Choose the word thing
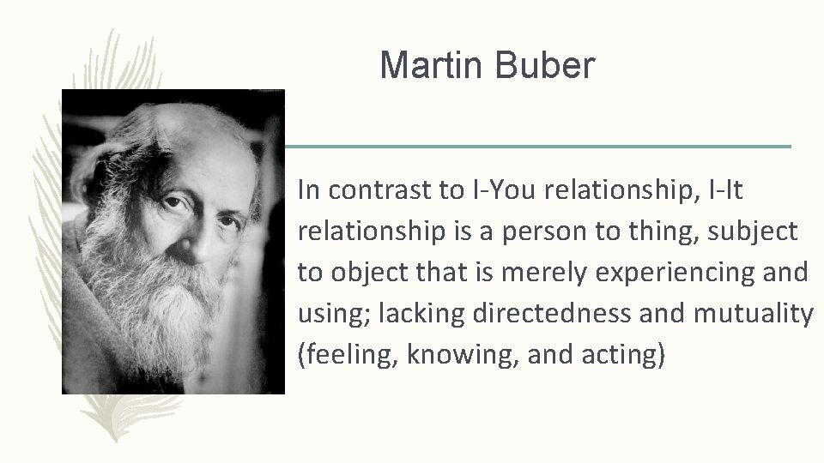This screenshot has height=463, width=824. pos(640,231)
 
